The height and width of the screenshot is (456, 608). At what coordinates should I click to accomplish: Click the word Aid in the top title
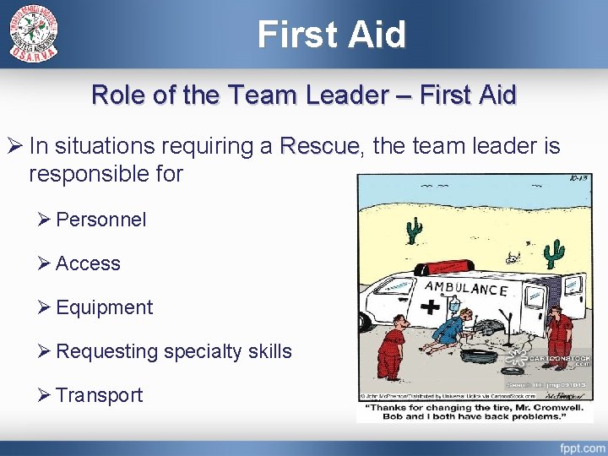(377, 34)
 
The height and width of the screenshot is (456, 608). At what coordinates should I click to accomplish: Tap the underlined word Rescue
(322, 147)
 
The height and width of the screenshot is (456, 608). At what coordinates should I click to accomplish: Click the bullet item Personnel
(100, 220)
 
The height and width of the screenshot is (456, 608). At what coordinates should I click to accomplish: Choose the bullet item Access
(88, 263)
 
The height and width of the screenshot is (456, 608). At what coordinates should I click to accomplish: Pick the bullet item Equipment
(104, 307)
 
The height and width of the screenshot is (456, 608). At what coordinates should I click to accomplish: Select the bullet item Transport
(99, 395)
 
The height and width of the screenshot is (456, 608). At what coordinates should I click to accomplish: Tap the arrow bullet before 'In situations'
(14, 147)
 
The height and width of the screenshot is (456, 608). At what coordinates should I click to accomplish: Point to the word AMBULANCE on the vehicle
(466, 288)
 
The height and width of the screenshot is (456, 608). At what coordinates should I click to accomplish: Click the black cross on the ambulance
(432, 306)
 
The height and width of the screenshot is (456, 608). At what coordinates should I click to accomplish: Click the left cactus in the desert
(414, 230)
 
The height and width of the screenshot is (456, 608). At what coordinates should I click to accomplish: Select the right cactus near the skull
(554, 251)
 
